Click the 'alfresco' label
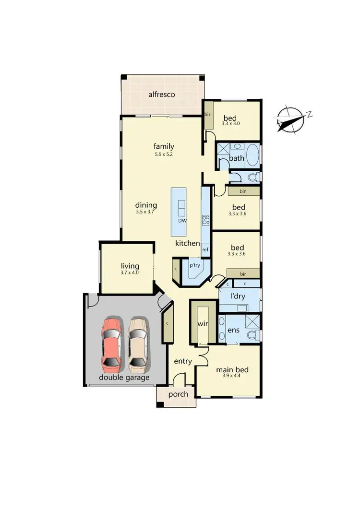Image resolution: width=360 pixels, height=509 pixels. point(161,95)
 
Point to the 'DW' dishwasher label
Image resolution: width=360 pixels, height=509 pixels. point(182,221)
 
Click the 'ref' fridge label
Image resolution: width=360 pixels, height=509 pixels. point(205,249)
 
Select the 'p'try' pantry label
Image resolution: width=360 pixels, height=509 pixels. point(194,265)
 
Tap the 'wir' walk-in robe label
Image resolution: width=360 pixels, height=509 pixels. point(203,323)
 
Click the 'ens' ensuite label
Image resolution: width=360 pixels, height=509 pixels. point(233,330)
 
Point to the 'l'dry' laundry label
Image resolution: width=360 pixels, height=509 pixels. point(237,296)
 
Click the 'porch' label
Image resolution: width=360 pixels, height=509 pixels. point(178,394)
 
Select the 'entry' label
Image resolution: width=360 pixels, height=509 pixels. point(183,361)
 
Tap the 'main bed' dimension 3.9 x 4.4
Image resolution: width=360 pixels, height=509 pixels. point(232,377)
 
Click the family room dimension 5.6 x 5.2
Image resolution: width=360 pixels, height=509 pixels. point(164,154)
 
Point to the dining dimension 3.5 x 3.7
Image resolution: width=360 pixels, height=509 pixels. point(146,212)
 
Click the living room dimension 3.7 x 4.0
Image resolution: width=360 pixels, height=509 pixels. point(130,272)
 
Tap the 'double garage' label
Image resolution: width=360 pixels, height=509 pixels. point(124,378)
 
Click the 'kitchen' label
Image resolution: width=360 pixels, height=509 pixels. point(187,243)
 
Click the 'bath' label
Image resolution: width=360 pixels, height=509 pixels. point(237,158)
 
